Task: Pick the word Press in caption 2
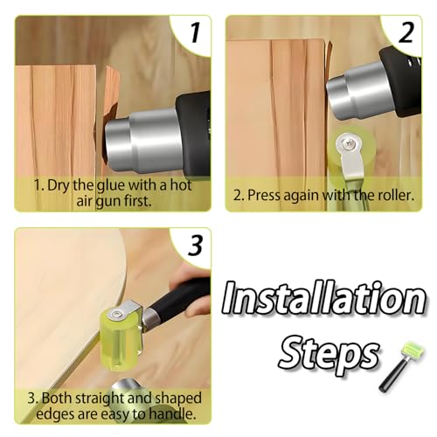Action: pyautogui.click(x=274, y=193)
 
